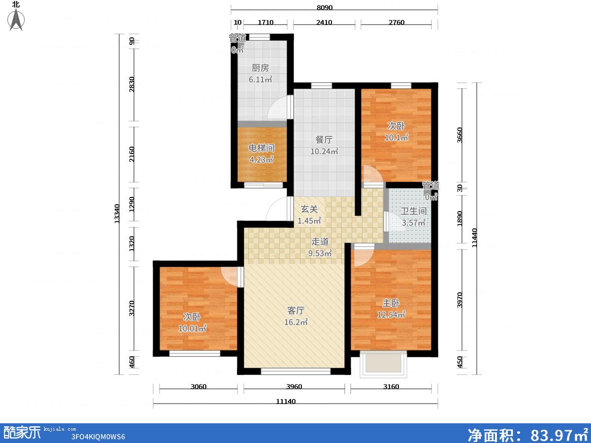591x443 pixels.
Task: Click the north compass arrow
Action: pos(16,19)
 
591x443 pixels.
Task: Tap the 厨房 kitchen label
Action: pos(260,68)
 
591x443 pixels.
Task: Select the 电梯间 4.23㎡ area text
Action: pos(262,160)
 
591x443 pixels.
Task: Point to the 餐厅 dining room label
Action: pos(324,140)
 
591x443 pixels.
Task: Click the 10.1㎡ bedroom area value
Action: pos(396,138)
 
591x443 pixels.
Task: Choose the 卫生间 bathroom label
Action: pos(413,211)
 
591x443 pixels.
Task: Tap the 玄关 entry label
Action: pos(309,209)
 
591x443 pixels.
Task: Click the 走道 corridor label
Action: pos(320,242)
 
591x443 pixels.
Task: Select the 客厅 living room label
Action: pos(295,311)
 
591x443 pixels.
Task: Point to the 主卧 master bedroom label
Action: pos(391,303)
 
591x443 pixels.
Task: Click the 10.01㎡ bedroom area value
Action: pos(192,328)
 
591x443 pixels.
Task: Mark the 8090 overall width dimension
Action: pos(325,7)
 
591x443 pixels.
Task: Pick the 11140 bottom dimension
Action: pos(286,402)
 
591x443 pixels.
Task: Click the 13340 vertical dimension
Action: pos(117,214)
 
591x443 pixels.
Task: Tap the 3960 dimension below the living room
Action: pos(294,387)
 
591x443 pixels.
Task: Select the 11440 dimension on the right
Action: pos(474,238)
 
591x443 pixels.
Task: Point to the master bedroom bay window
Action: pos(383,364)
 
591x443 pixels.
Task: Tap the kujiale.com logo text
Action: pos(60,429)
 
